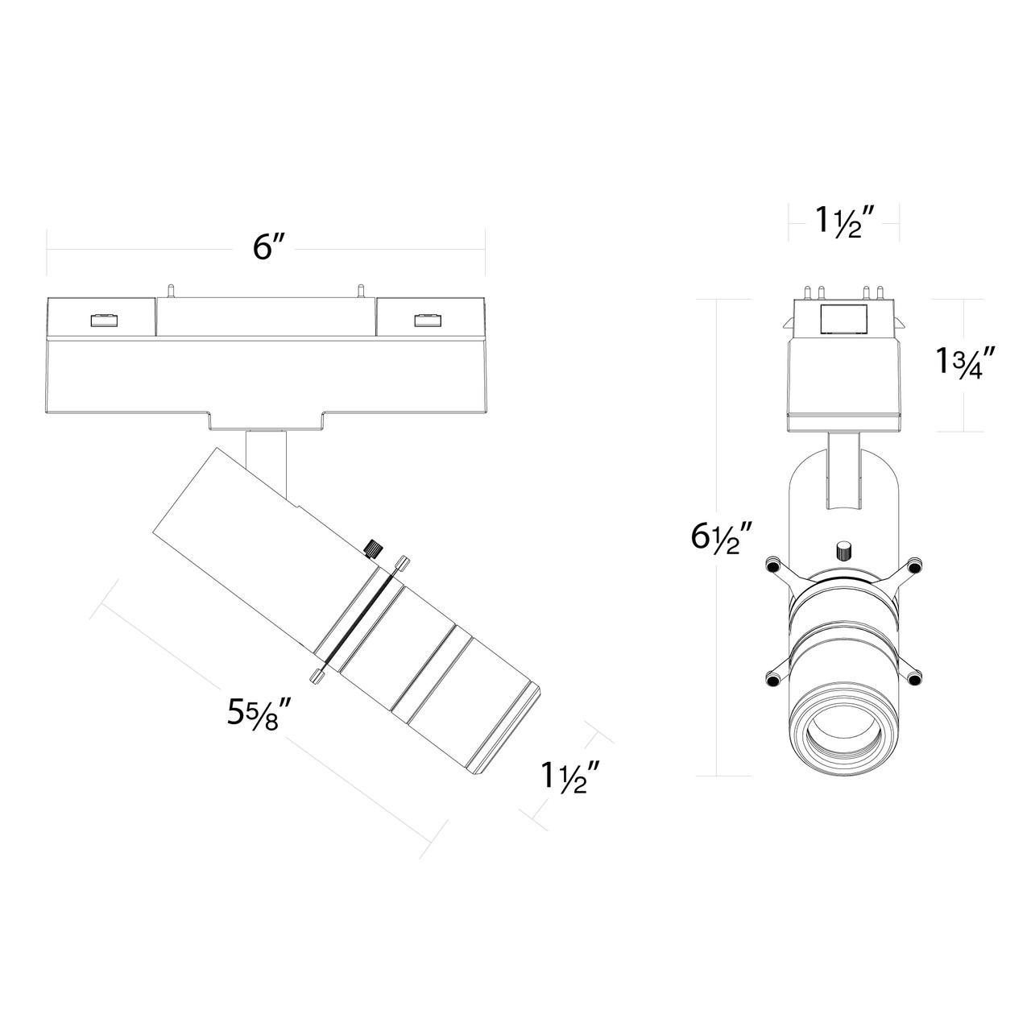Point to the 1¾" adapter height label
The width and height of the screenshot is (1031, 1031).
point(962,363)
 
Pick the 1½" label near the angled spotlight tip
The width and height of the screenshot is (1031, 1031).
point(570,776)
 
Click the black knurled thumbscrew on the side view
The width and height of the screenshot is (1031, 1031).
point(373,550)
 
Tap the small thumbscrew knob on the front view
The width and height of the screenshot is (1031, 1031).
point(843,551)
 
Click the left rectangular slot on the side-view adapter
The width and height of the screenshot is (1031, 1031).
point(102,321)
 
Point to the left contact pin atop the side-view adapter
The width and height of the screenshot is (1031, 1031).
point(170,289)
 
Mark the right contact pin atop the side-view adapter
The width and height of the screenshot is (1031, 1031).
point(361,289)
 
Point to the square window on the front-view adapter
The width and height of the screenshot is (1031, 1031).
point(843,320)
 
